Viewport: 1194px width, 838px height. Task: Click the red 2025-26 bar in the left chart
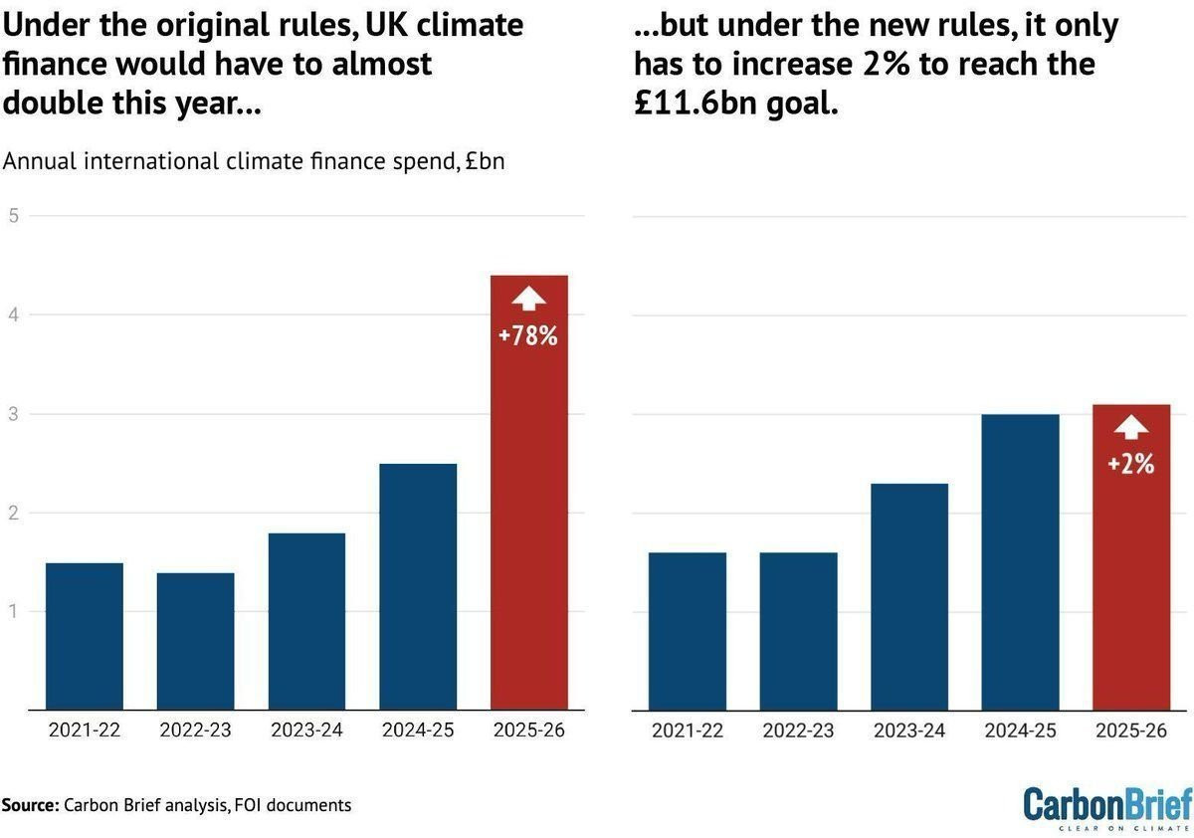[x=529, y=518]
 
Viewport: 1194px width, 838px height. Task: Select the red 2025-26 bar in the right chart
[x=1130, y=577]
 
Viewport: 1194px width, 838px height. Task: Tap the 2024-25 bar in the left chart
[x=418, y=587]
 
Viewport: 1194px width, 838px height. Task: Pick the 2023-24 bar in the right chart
[x=909, y=597]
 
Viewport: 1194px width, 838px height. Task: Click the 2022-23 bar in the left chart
[x=195, y=642]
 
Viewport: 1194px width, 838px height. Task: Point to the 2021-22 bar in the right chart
[x=688, y=632]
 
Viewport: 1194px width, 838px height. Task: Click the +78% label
[x=528, y=336]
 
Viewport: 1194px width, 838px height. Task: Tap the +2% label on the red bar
[x=1130, y=463]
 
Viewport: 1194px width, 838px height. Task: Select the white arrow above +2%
[x=1130, y=427]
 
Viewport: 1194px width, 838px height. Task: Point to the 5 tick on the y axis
[x=14, y=215]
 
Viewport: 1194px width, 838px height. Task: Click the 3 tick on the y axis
[x=14, y=413]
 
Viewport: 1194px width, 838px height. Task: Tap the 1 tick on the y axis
[x=14, y=611]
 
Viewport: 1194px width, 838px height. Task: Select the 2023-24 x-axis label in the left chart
[x=306, y=731]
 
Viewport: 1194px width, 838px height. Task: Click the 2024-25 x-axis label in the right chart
[x=1020, y=731]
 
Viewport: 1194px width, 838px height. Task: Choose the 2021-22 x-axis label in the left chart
[x=85, y=731]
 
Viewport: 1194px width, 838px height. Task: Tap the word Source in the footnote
[x=30, y=804]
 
